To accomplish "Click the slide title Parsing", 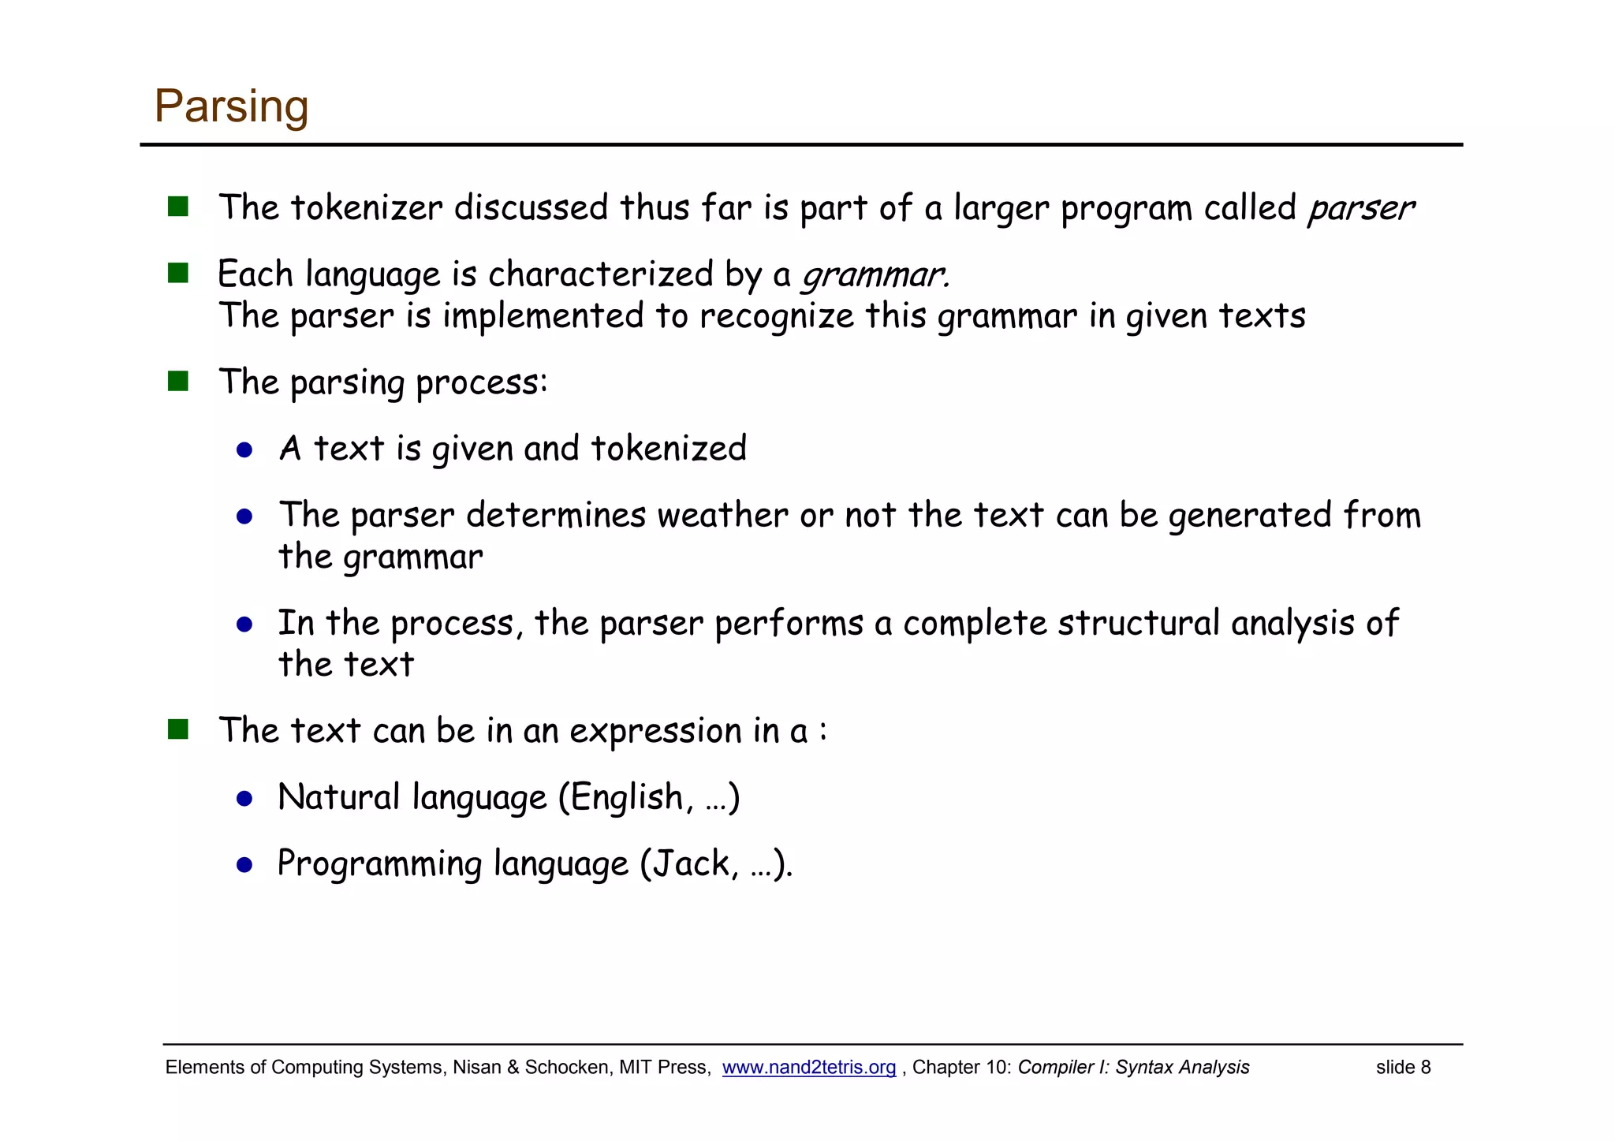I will click(231, 106).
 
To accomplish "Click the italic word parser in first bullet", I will click(1360, 208).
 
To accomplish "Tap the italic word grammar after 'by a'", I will click(873, 275).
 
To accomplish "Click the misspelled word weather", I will click(722, 515).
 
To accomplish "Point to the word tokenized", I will click(668, 449).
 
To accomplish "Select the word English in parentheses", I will click(626, 797).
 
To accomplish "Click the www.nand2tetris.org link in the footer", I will click(808, 1067).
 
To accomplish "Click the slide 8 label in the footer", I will click(1403, 1067).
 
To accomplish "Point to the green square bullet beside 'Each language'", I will click(178, 274).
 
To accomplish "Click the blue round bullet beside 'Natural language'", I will click(244, 799).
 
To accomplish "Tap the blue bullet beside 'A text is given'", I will click(244, 450).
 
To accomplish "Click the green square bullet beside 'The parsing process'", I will click(178, 382).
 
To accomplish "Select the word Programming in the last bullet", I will click(379, 863).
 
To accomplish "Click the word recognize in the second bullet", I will click(776, 316).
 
